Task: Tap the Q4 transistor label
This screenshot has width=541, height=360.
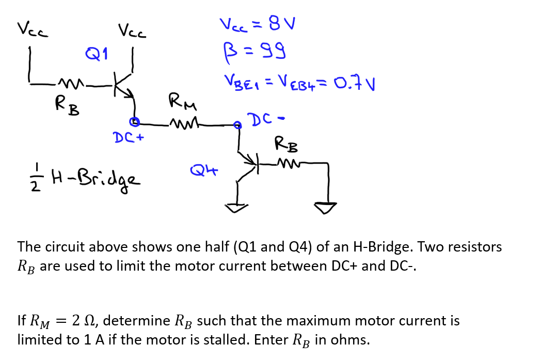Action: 203,168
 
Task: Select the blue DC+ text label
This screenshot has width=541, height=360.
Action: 128,138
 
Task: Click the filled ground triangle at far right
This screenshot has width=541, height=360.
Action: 327,208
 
